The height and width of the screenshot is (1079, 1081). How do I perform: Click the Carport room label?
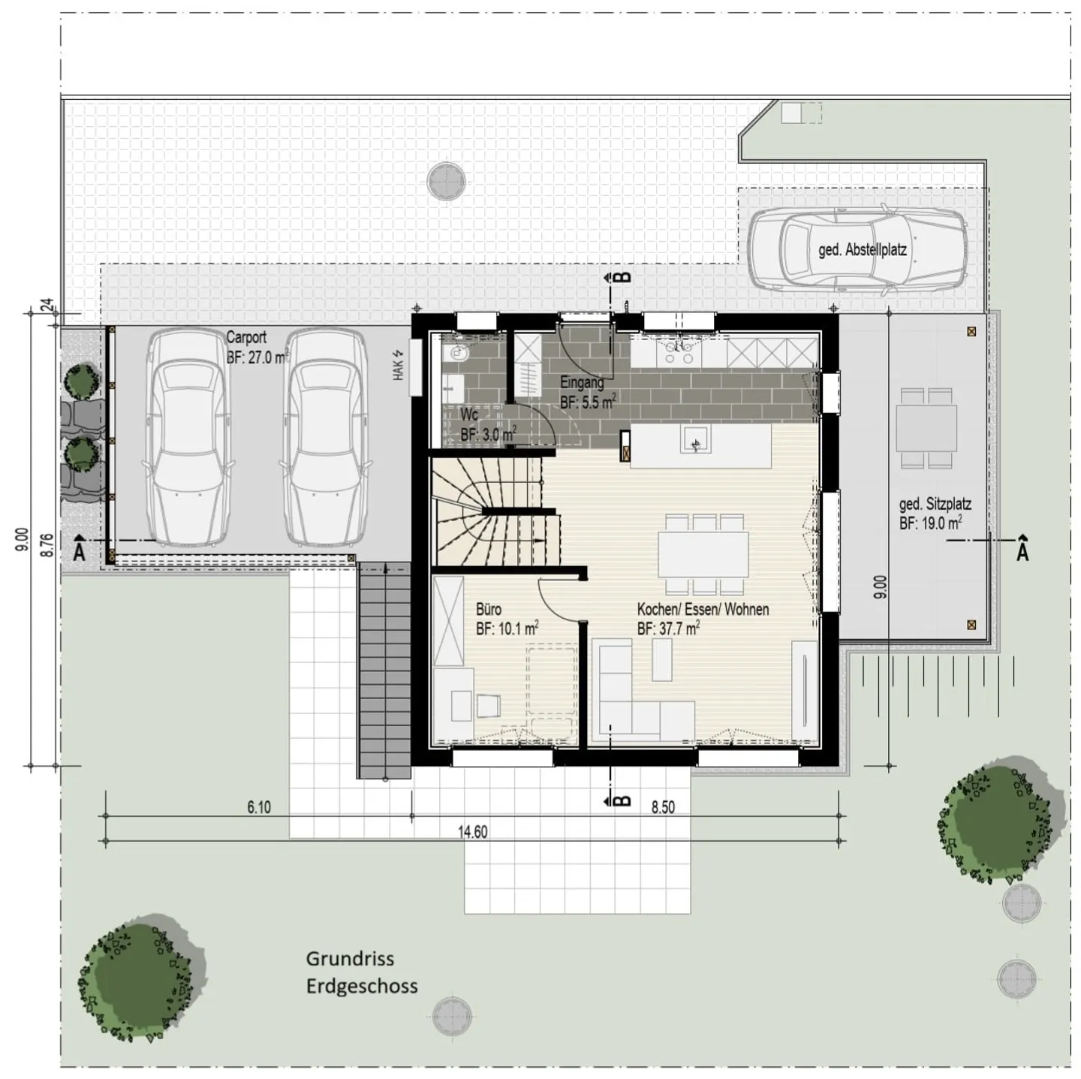coord(246,338)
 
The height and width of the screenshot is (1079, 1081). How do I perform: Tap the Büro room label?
coord(489,610)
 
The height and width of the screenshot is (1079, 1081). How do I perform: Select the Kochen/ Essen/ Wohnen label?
coord(703,610)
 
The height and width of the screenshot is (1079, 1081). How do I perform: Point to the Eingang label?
coord(582,383)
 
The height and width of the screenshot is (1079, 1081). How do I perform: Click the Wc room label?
coord(469,415)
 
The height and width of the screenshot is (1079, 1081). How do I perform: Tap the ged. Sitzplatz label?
coord(935,505)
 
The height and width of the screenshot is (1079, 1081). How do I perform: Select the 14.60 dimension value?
coord(473,832)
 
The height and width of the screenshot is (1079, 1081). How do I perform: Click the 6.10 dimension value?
coord(259,808)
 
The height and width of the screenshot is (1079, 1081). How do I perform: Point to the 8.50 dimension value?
coord(663,808)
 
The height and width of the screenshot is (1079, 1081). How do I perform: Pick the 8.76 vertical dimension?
coord(47,544)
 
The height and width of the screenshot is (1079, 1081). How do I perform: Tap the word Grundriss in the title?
coord(350,959)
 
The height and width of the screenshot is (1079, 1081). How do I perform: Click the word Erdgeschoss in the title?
coord(362,986)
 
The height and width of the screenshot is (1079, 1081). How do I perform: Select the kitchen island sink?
coord(696,440)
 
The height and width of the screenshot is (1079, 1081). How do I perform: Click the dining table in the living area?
coord(703,553)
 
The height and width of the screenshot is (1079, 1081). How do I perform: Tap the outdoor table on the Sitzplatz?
coord(926,428)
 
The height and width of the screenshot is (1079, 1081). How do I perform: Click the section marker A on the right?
coord(1022,550)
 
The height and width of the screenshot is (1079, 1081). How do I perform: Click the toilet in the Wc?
coord(456,352)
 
